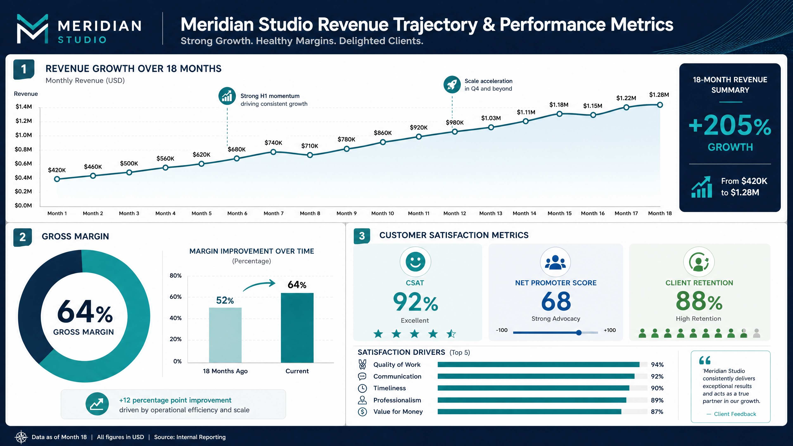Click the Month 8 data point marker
[x=310, y=155]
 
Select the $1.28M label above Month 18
[x=659, y=95]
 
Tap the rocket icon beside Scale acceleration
[x=452, y=84]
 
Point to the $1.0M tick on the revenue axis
[x=24, y=135]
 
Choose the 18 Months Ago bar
[x=225, y=335]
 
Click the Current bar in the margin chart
[x=297, y=328]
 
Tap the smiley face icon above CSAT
[x=415, y=262]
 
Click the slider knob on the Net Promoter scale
[x=579, y=332]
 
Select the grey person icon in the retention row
[x=756, y=333]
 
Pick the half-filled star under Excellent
[x=451, y=334]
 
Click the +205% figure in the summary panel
[x=730, y=125]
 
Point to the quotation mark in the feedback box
[x=705, y=360]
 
